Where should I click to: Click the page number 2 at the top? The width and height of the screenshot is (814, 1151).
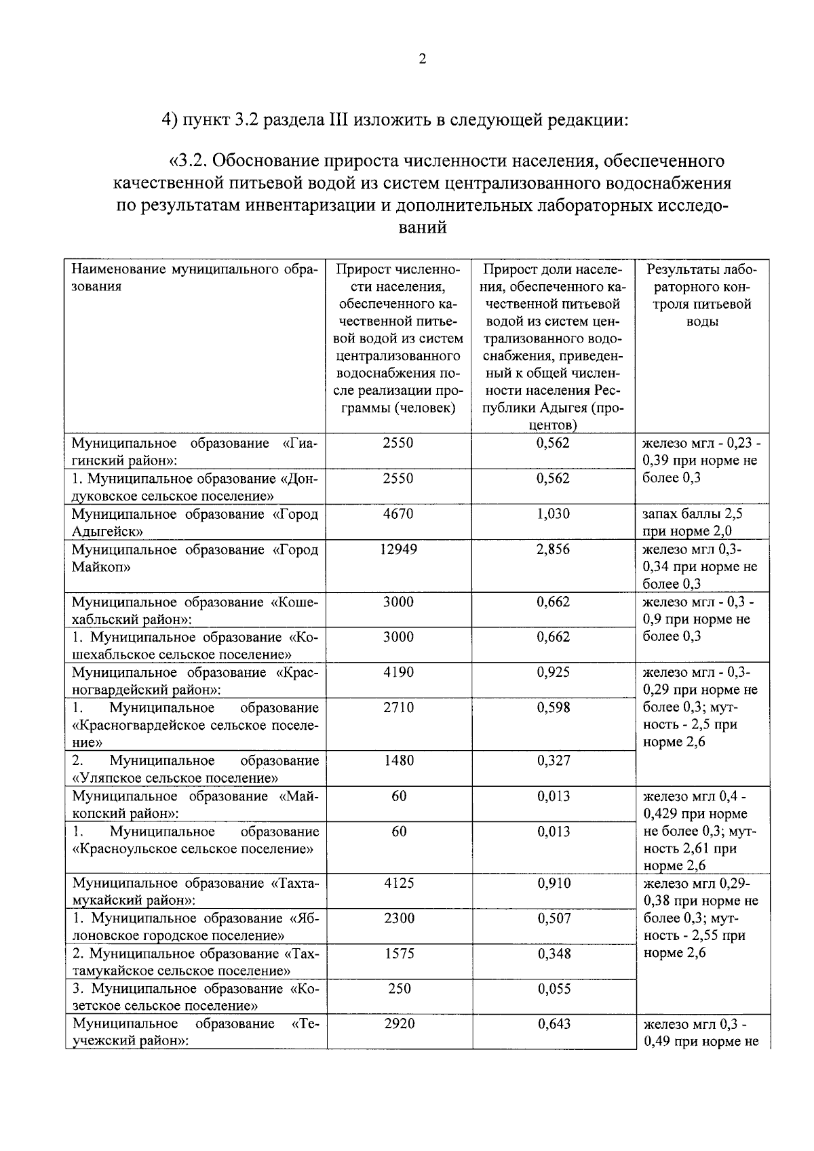[422, 59]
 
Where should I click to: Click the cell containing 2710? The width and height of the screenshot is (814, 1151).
[398, 707]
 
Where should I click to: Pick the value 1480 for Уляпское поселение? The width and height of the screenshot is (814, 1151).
[398, 760]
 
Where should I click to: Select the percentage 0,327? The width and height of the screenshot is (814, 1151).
[553, 760]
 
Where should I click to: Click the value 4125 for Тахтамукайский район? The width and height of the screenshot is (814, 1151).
[398, 883]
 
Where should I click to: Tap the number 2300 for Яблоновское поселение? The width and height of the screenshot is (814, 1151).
[398, 918]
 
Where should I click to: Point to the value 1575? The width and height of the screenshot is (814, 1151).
[398, 954]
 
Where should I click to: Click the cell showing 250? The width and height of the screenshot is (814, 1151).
[400, 989]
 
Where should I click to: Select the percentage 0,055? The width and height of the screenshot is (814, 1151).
[554, 989]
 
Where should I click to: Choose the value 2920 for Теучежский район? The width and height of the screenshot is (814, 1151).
[400, 1023]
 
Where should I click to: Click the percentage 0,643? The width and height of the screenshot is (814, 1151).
[554, 1023]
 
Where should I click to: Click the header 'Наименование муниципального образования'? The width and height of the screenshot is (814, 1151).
[195, 277]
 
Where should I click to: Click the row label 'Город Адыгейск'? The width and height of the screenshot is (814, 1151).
[195, 522]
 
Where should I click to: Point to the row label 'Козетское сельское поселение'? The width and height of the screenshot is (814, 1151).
[195, 997]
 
